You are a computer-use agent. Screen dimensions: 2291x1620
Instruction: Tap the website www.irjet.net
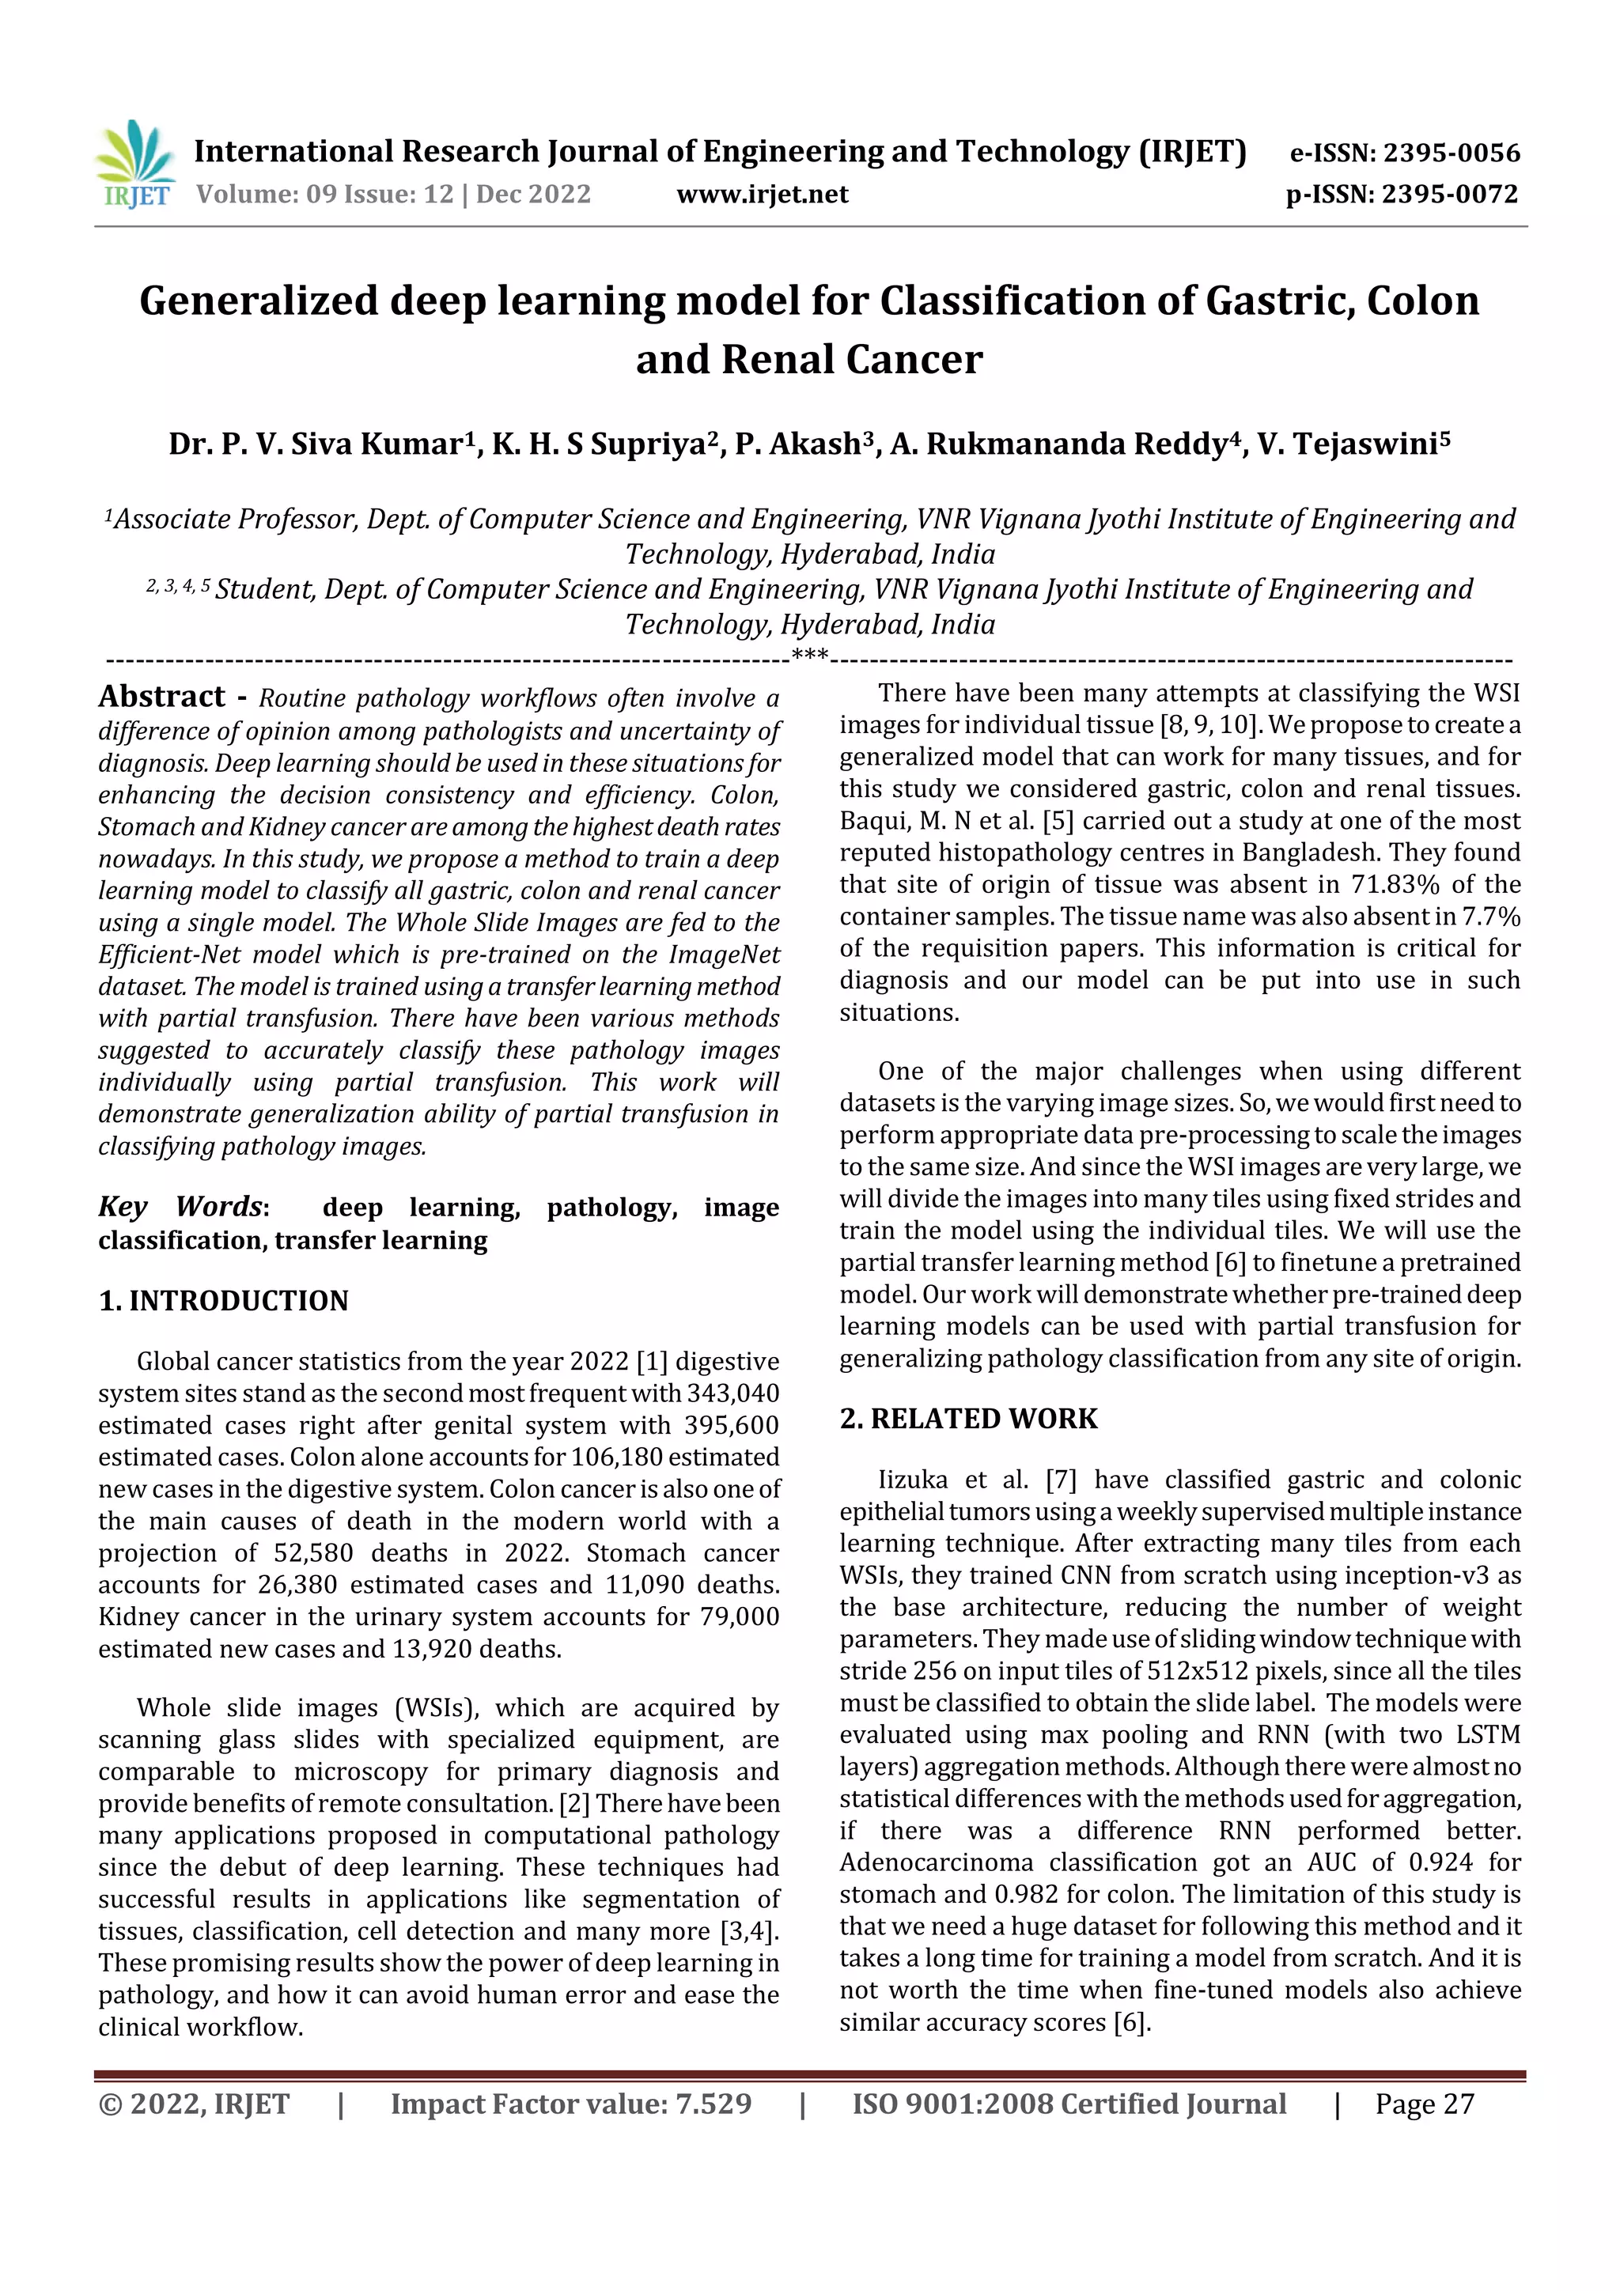(763, 194)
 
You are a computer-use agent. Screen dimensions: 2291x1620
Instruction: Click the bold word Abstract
(161, 697)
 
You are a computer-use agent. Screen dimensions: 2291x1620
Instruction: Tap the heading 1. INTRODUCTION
(224, 1300)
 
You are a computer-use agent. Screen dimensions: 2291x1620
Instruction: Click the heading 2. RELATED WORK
(968, 1418)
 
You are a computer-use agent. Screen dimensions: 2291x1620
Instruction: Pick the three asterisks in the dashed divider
(809, 655)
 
